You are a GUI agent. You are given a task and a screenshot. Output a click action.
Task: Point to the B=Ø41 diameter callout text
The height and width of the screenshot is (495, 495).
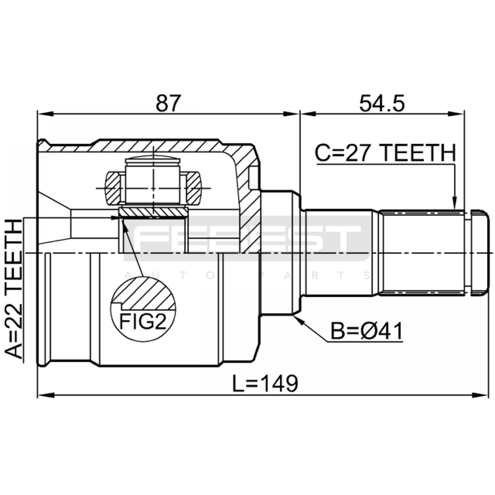tap(367, 331)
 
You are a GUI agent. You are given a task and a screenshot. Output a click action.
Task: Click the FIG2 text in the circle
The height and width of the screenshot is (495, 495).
tap(143, 321)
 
